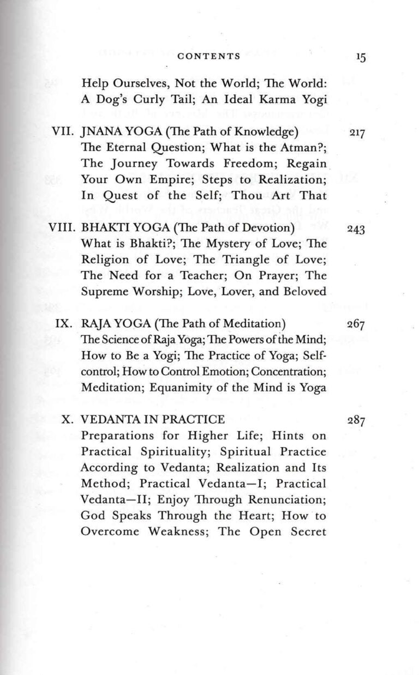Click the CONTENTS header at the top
(209, 56)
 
